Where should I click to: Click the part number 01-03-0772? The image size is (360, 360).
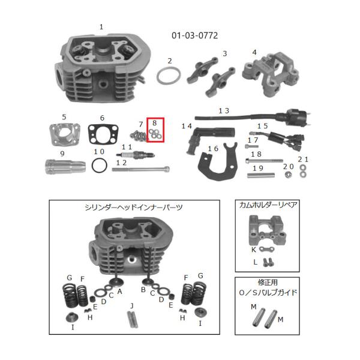coord(194,35)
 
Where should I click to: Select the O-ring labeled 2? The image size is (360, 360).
coord(169,77)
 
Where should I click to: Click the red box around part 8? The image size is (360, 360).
coord(155,130)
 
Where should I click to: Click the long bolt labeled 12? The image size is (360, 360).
coord(137,169)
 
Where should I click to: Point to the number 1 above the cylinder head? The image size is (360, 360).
coord(101,26)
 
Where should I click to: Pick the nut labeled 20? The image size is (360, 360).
coord(289,175)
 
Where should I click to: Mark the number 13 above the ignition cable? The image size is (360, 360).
coord(223,111)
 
